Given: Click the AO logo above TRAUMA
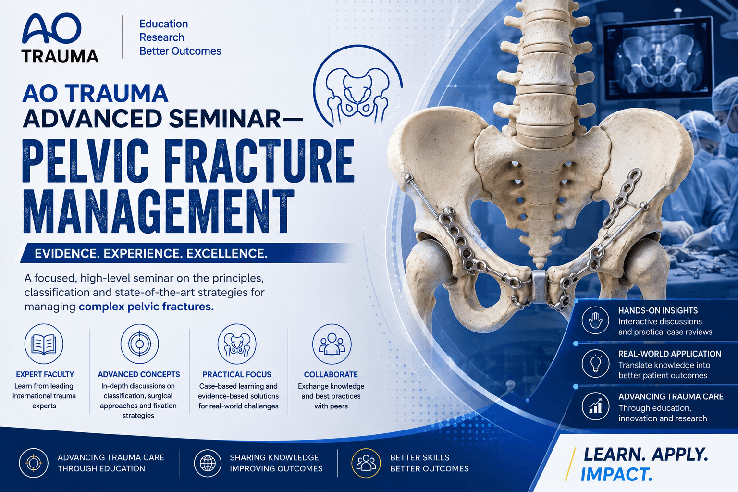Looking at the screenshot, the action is tap(51, 29).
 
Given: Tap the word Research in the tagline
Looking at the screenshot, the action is tap(162, 37).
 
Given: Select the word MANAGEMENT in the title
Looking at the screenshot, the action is tap(158, 212).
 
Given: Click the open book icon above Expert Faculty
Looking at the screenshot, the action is tap(44, 344).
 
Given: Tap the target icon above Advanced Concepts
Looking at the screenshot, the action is tap(139, 344).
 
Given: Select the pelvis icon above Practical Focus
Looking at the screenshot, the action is tap(237, 344).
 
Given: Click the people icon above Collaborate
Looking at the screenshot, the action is tap(332, 344).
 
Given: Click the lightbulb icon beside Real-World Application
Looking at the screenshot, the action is tap(595, 364).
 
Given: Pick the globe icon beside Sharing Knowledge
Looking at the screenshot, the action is tap(208, 463).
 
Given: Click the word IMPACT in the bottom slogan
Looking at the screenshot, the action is tap(616, 475).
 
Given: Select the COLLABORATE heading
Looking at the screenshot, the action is tap(331, 375).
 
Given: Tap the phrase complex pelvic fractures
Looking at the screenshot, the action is tap(146, 307).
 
